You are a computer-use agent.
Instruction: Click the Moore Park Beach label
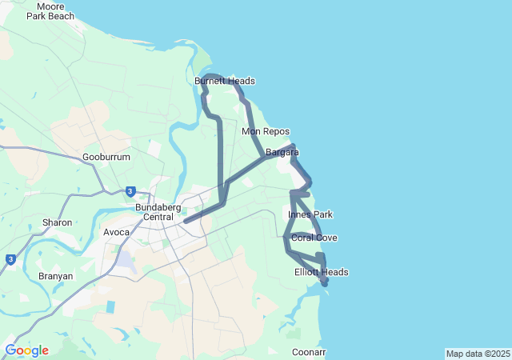pos(50,10)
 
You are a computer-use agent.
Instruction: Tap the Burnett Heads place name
pos(225,81)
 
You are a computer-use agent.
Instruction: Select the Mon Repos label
pos(266,131)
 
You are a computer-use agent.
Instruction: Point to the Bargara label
pos(282,151)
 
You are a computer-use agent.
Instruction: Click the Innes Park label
pos(310,214)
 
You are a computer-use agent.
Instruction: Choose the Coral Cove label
pos(314,238)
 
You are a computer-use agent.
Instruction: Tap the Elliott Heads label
pos(321,272)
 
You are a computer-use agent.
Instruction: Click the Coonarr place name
pos(309,352)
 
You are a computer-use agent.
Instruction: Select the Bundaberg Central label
pos(154,212)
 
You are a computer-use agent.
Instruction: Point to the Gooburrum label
pos(106,158)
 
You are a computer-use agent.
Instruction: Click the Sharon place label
pos(58,222)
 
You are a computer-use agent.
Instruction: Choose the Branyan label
pos(55,276)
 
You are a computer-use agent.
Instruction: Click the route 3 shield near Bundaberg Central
pos(130,191)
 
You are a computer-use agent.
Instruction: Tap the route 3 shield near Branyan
pos(10,259)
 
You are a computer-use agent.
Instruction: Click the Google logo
pos(26,350)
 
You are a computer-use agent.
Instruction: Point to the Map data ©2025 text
pos(478,354)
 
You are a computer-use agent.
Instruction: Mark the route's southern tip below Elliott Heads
pos(325,284)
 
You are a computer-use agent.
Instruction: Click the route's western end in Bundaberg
pos(185,222)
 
